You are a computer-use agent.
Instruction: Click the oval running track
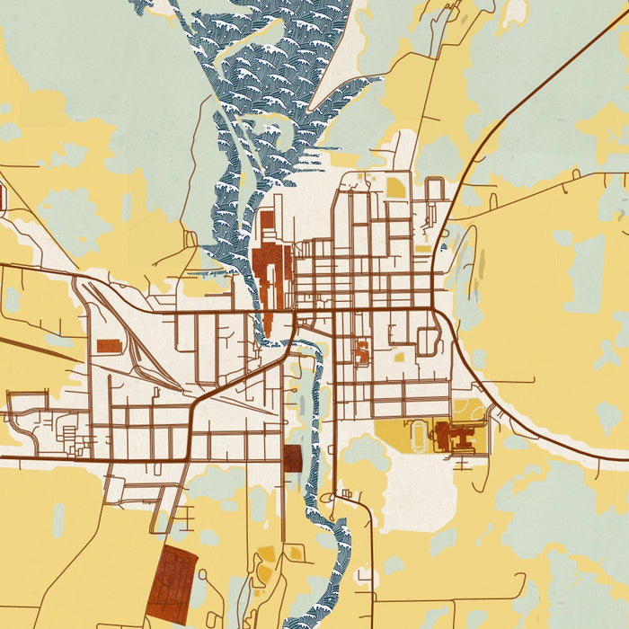419,438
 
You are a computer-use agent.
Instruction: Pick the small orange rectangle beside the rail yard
108,346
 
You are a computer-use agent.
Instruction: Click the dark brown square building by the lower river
292,457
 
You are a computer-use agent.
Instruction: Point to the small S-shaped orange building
361,351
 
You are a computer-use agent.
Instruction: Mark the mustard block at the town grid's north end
395,188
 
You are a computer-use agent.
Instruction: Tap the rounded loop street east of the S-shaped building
429,341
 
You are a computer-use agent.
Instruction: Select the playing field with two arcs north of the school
467,412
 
